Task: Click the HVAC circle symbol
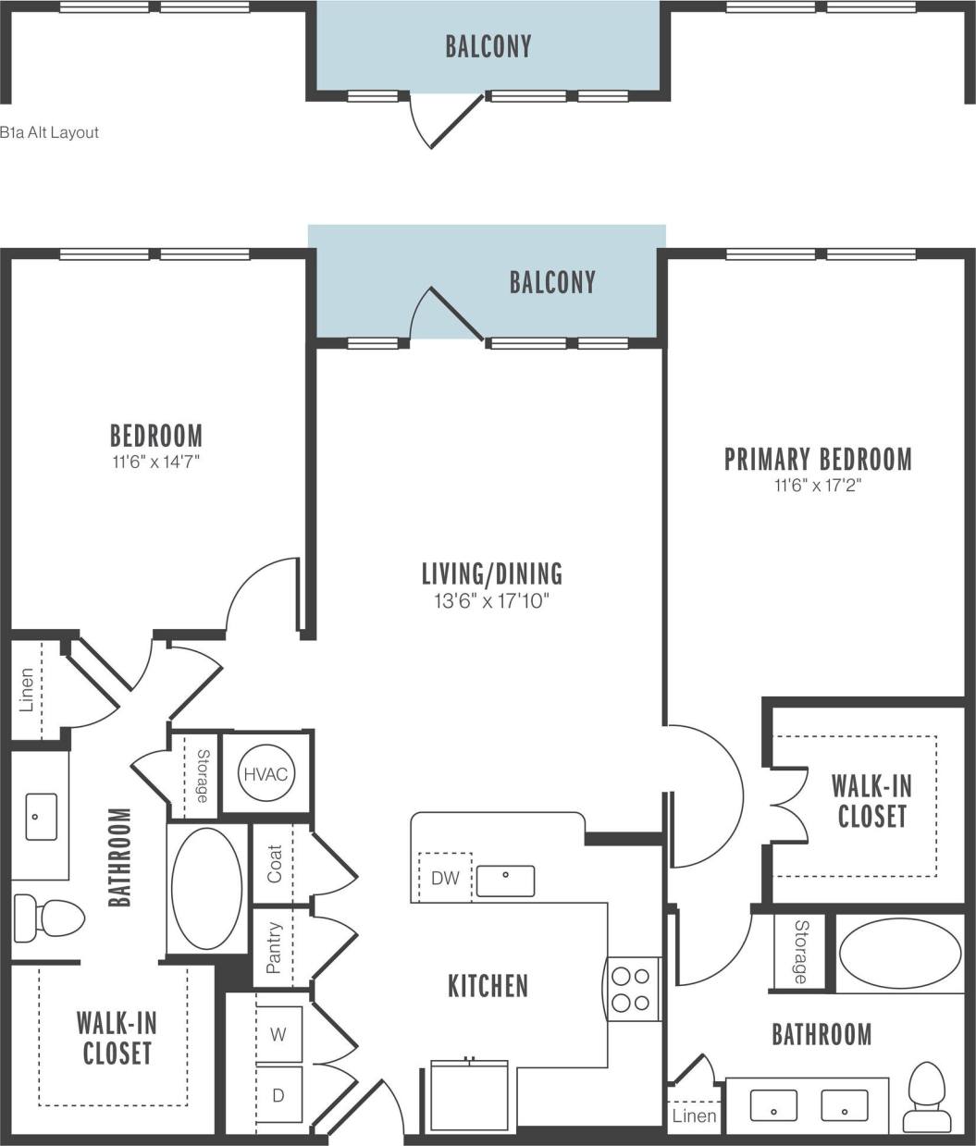(266, 773)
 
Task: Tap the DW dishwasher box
(445, 878)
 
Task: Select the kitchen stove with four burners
(634, 989)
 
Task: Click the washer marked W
(279, 1035)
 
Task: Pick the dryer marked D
(279, 1094)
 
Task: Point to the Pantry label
(274, 948)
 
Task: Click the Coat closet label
(275, 864)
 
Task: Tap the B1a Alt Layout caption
(49, 132)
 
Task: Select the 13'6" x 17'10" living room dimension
(491, 601)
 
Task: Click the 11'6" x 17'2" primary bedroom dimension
(818, 486)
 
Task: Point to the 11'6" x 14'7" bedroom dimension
(155, 462)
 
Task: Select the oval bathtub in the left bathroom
(207, 889)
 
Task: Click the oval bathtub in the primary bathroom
(900, 954)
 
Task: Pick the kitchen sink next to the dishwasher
(506, 881)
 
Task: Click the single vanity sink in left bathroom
(41, 816)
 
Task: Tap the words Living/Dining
(492, 573)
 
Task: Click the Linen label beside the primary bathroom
(694, 1115)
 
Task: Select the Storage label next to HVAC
(203, 776)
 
